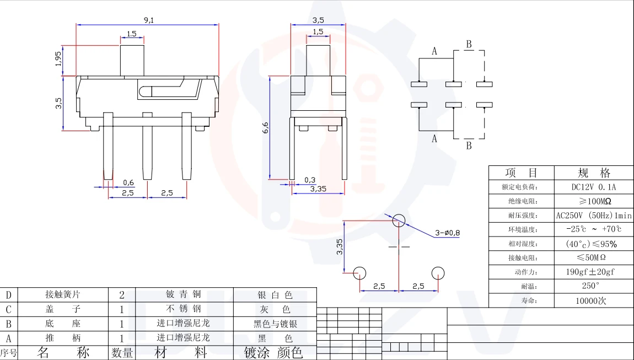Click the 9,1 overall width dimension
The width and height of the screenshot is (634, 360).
point(149,20)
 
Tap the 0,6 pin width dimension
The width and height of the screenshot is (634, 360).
point(128,183)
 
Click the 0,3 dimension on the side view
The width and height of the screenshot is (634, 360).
point(310,180)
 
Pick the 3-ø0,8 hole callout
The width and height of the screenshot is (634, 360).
point(447,233)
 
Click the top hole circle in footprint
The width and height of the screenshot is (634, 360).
point(399,220)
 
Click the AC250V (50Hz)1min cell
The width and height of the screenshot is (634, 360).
point(594,215)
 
